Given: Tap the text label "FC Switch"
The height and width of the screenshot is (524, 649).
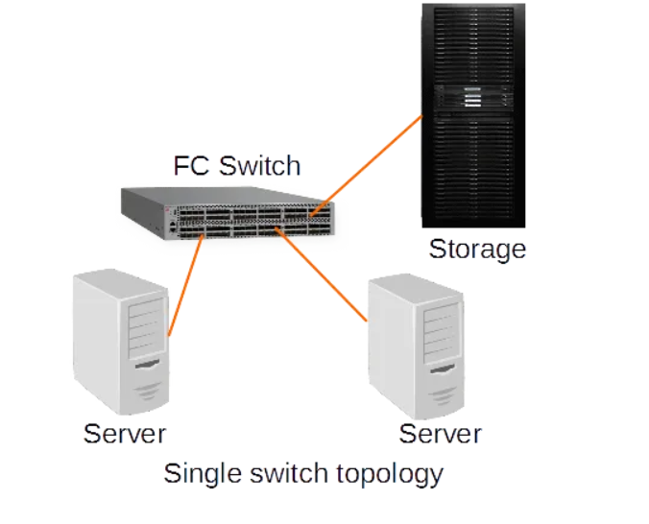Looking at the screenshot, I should [x=236, y=165].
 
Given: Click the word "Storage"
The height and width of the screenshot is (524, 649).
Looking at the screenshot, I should [x=477, y=250].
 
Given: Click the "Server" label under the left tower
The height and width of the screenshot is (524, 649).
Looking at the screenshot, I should [x=125, y=433].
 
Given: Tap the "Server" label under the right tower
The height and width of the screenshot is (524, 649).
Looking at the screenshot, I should [x=440, y=434].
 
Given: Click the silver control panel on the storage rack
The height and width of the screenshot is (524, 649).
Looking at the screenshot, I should [x=472, y=98].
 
